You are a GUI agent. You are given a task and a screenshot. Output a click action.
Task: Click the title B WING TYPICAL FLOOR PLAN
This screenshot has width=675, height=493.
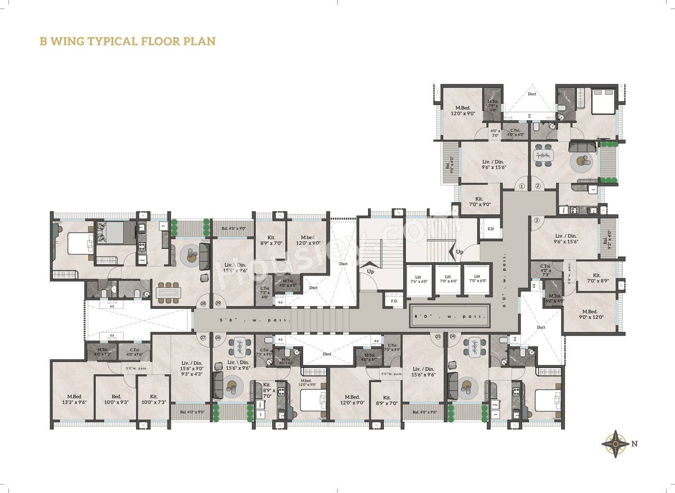(x=128, y=41)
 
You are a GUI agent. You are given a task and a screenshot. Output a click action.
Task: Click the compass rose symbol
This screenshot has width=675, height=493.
(x=615, y=443)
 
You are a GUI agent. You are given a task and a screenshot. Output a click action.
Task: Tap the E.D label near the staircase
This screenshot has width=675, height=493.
(x=490, y=229)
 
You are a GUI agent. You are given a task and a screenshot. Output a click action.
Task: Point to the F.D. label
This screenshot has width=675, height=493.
(x=394, y=301)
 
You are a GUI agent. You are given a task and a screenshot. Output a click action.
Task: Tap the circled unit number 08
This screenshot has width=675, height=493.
(x=203, y=304)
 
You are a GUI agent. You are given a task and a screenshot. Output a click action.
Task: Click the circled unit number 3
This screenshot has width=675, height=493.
(x=537, y=221)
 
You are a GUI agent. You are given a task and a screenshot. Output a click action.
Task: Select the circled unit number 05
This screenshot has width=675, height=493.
(x=438, y=336)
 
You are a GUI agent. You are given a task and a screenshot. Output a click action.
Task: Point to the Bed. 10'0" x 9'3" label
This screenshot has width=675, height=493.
(x=116, y=400)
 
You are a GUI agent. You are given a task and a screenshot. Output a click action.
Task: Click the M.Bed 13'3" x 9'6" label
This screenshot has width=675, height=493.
(x=77, y=400)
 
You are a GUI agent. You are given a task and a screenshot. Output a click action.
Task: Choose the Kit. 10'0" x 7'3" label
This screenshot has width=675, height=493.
(x=153, y=400)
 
